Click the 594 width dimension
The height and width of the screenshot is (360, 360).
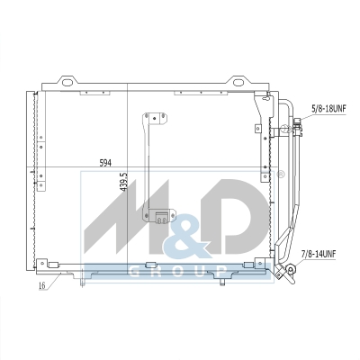point(105,163)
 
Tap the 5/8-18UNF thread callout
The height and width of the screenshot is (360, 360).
point(328,108)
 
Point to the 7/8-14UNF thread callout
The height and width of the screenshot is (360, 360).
point(319,255)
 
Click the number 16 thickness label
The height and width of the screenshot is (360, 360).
point(42,285)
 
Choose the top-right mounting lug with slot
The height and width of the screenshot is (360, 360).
point(238,80)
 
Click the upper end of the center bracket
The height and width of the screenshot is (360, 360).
point(155,118)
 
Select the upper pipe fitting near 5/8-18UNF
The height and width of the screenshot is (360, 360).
point(298,127)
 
